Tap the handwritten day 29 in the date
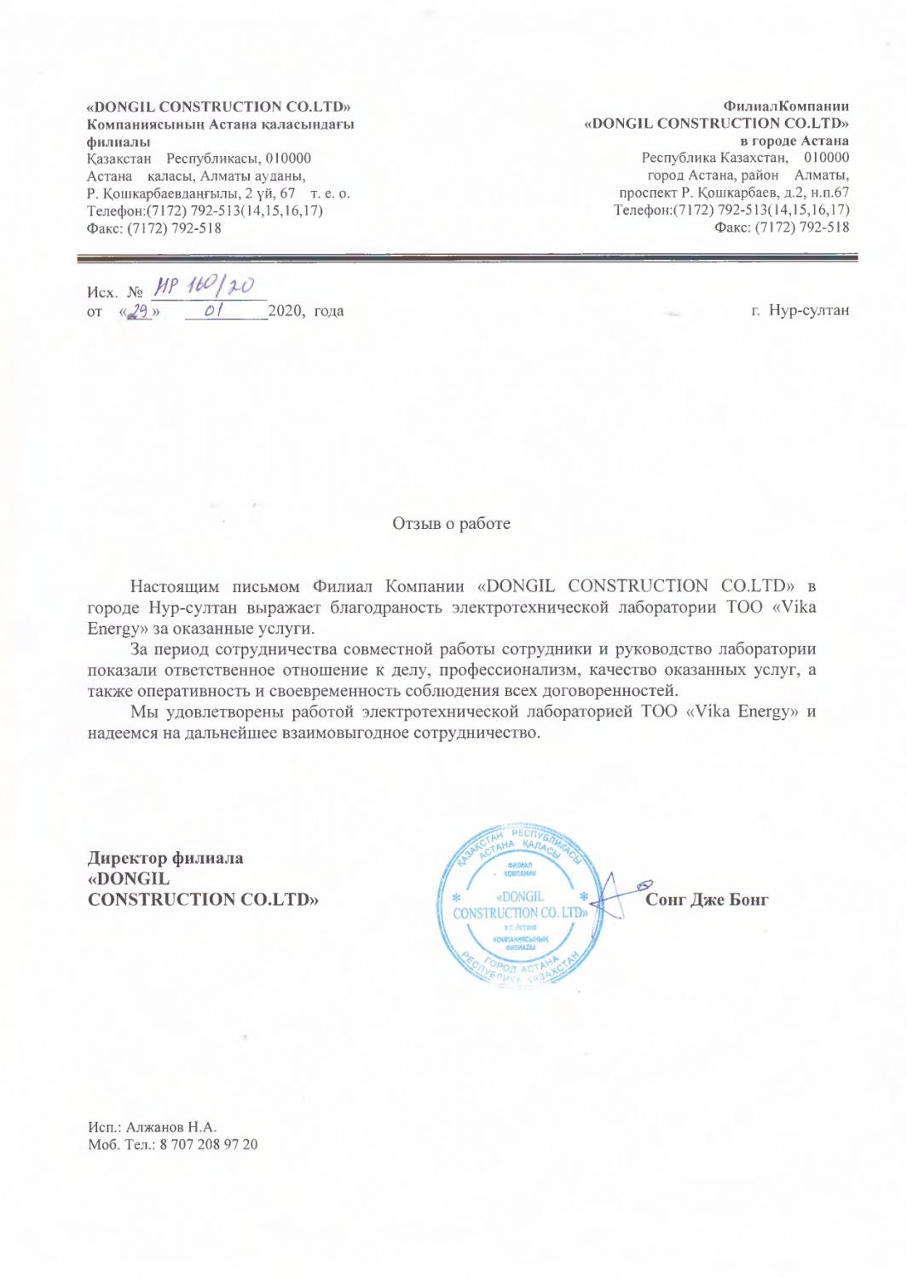coord(140,312)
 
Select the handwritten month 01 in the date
coord(214,312)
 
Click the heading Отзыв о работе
coord(451,523)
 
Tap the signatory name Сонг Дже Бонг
coord(707,900)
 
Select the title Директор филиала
coord(165,858)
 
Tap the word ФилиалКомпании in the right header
coord(786,106)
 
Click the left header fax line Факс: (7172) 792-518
coord(154,227)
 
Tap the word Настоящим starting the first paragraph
coord(175,586)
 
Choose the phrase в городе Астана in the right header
coord(794,141)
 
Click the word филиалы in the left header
coord(118,141)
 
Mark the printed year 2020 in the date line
coord(285,311)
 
